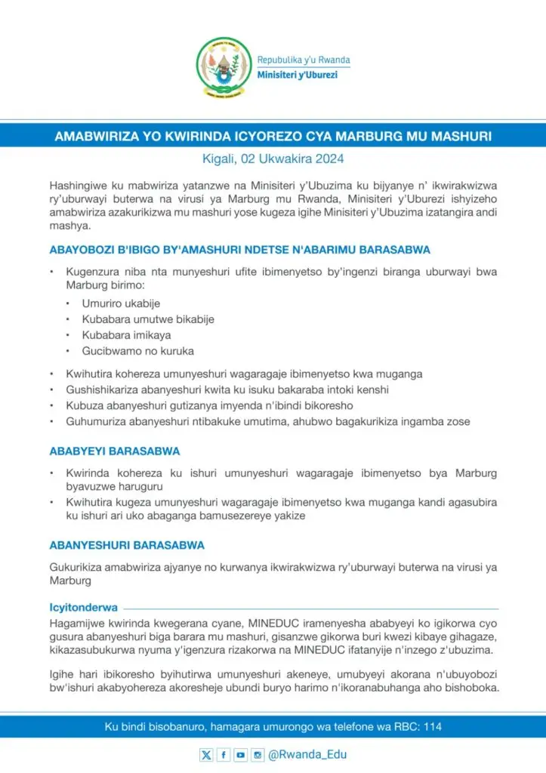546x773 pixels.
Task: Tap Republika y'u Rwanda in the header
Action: point(304,60)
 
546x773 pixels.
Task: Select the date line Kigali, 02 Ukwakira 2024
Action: point(273,159)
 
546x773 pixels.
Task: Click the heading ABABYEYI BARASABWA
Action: point(114,451)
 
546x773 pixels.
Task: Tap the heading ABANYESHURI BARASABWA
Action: point(126,544)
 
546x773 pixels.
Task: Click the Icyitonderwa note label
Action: point(82,606)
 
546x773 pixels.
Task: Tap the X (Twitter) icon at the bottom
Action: point(206,754)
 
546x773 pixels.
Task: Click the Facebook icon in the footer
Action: point(223,754)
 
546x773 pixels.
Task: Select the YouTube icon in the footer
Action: point(240,754)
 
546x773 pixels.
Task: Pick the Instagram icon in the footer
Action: point(258,754)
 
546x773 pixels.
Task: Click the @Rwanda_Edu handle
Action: point(307,754)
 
